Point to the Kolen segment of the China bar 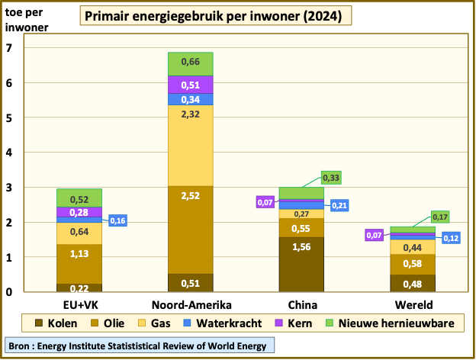(301, 264)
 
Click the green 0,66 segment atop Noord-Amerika (191, 63)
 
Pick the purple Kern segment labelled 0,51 (191, 85)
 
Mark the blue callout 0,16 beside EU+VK (118, 220)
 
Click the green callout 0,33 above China (332, 178)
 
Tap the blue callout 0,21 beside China (339, 205)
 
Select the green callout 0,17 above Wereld (440, 217)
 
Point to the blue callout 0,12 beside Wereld (450, 237)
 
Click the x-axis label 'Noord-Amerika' (191, 304)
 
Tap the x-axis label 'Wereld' (413, 304)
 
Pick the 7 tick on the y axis (10, 48)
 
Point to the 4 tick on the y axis (10, 153)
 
